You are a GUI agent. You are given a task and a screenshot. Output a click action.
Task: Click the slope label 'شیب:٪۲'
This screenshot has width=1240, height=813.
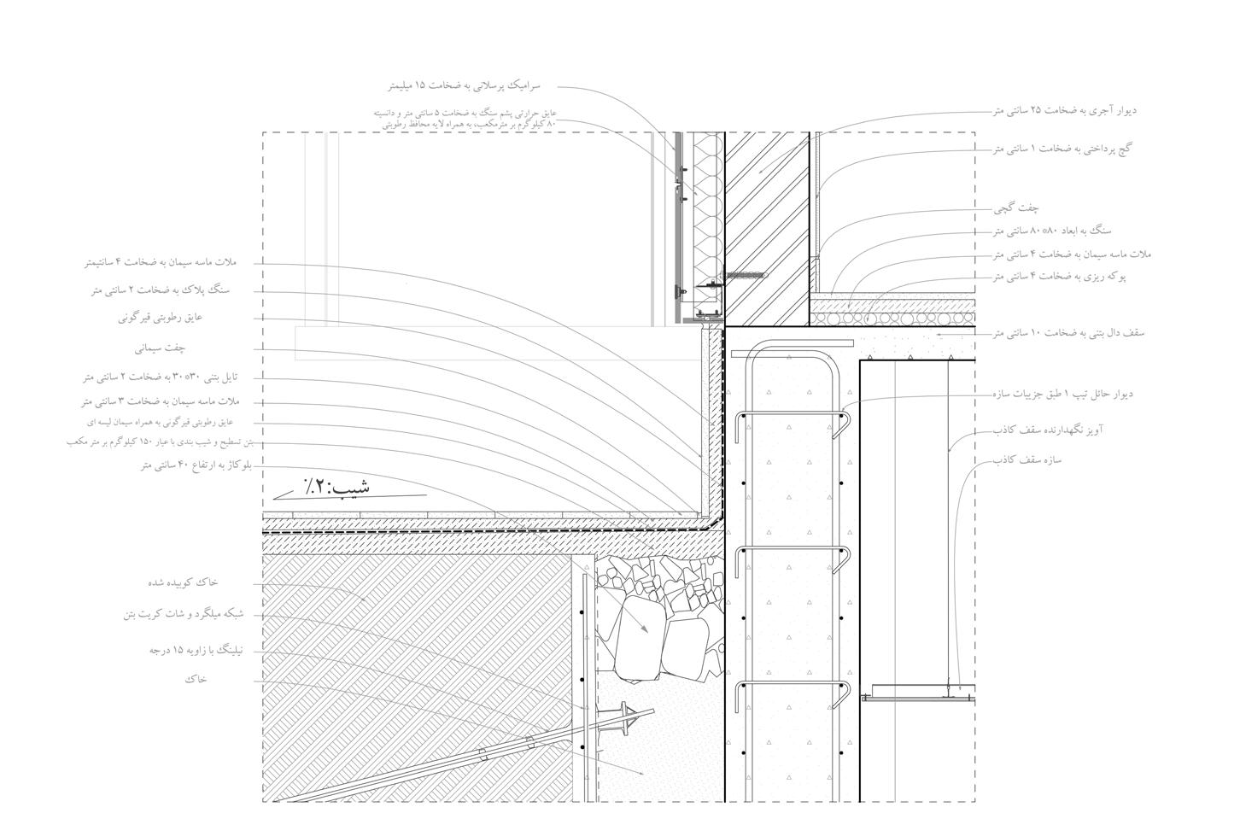(338, 488)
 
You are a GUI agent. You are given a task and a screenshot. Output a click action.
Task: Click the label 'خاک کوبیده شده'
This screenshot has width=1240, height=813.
(183, 582)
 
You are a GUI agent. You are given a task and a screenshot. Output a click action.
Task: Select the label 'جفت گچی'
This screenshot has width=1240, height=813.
(1016, 208)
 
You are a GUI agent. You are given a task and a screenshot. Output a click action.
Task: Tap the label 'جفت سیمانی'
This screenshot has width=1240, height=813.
(160, 348)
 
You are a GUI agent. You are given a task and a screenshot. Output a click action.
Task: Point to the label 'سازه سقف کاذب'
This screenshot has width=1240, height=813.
(1027, 460)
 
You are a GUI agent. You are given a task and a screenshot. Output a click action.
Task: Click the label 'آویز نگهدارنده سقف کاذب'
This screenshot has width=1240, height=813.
(1048, 430)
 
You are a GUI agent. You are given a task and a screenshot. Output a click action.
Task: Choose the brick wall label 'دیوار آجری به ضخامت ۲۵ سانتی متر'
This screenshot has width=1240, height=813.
(1064, 110)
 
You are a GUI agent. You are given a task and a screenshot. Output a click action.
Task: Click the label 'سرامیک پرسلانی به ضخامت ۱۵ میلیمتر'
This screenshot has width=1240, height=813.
(464, 86)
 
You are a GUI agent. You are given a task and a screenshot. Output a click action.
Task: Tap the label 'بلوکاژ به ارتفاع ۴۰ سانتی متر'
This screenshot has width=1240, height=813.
(197, 465)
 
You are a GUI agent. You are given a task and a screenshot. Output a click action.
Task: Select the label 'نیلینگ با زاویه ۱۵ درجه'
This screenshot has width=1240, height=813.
(196, 651)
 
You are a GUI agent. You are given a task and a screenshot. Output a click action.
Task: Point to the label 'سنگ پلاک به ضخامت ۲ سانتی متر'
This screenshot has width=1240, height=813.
(161, 290)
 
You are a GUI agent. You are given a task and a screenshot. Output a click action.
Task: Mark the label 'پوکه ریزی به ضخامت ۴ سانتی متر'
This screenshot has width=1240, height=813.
(1059, 277)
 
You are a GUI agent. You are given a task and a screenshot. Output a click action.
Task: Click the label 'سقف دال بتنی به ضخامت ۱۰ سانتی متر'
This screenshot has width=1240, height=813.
(1068, 333)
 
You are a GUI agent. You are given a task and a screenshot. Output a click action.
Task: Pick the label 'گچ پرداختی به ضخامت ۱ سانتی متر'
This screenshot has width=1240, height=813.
(1062, 149)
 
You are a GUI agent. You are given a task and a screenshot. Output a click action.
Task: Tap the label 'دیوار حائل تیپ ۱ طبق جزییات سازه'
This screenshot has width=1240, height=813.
(1063, 395)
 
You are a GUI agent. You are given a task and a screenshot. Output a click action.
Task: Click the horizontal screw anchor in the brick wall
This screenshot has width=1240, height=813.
(745, 276)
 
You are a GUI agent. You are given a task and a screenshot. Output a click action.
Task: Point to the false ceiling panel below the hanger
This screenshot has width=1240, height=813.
(918, 696)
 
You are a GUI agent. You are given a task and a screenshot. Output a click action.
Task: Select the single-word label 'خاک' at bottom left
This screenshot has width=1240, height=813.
(196, 680)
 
